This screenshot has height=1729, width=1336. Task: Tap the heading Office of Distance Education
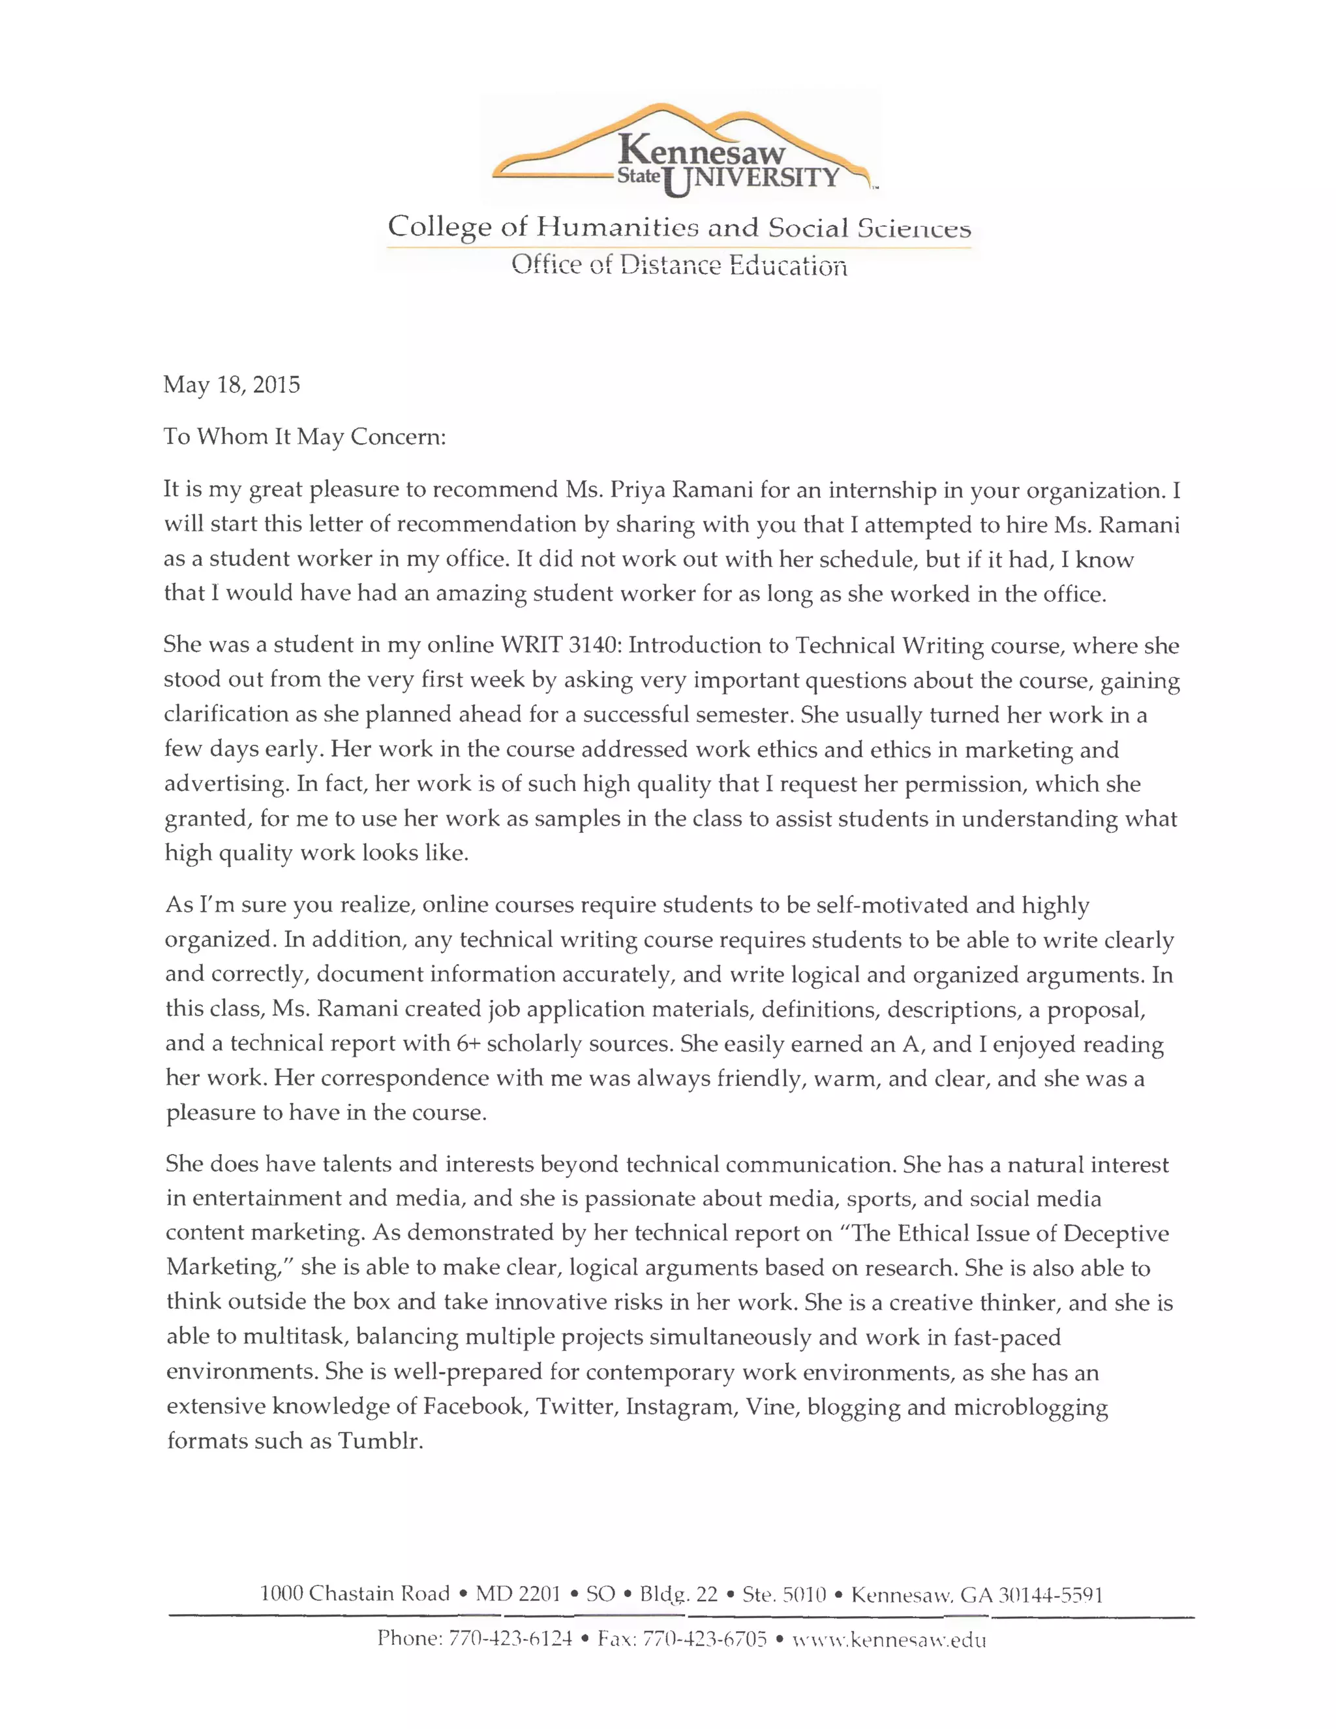point(679,264)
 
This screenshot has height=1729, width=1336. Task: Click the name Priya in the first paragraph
point(638,490)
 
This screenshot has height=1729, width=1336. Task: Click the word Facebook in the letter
point(474,1406)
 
